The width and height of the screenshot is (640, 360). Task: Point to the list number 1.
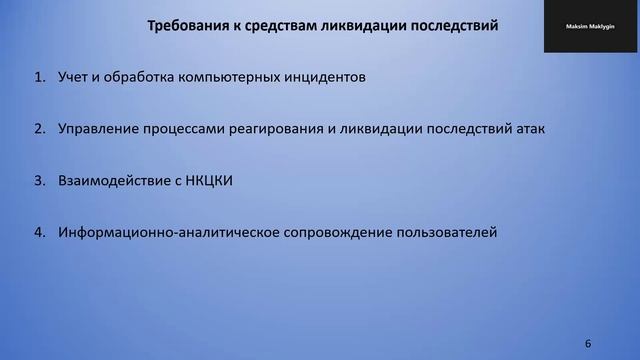(x=39, y=77)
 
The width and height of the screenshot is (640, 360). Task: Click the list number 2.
(x=39, y=129)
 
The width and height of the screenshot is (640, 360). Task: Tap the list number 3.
(x=39, y=181)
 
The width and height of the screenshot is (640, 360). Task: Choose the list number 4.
(x=39, y=232)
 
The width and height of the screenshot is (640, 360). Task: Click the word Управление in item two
(x=104, y=129)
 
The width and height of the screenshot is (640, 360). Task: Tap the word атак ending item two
(x=528, y=129)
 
